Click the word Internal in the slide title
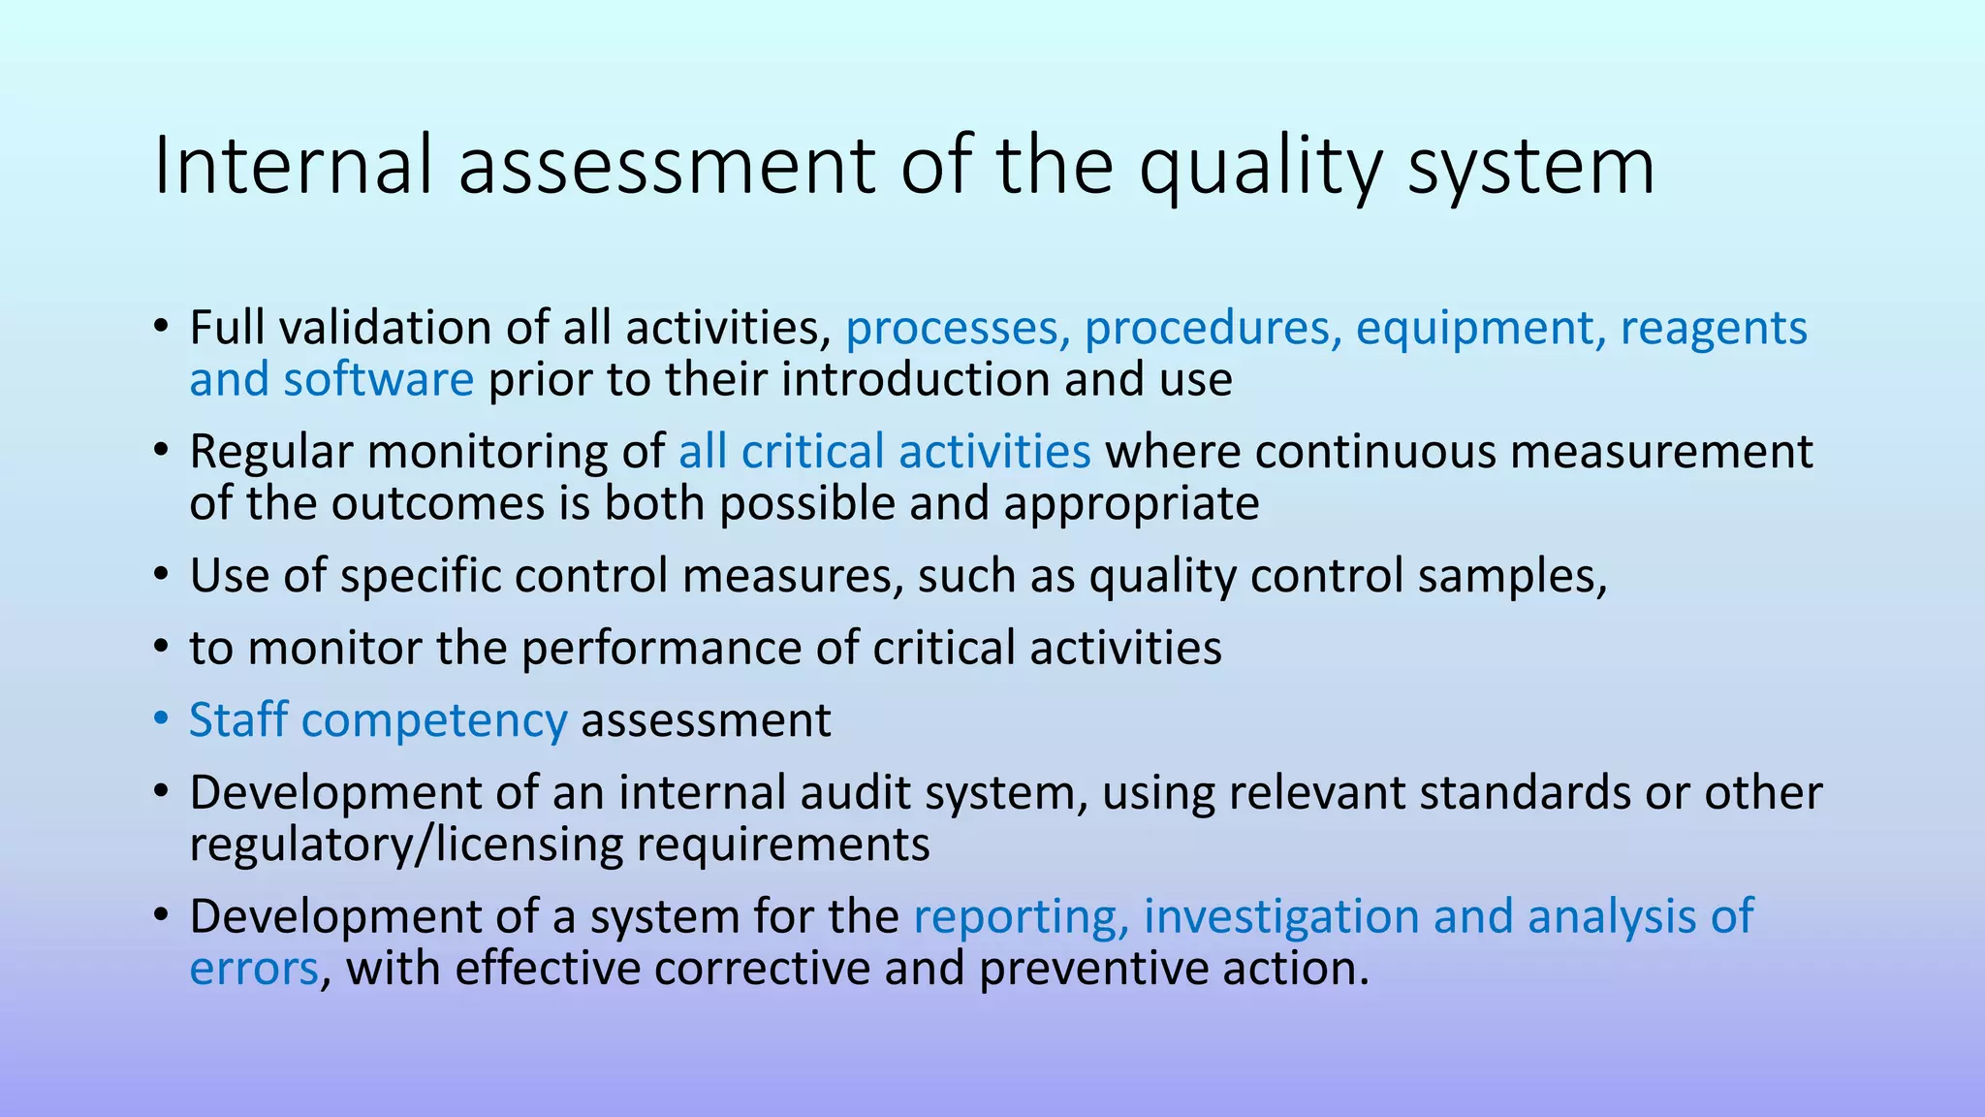pyautogui.click(x=291, y=165)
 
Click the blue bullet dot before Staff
pyautogui.click(x=161, y=719)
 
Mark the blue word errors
pyautogui.click(x=254, y=969)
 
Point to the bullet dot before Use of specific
pyautogui.click(x=161, y=575)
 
